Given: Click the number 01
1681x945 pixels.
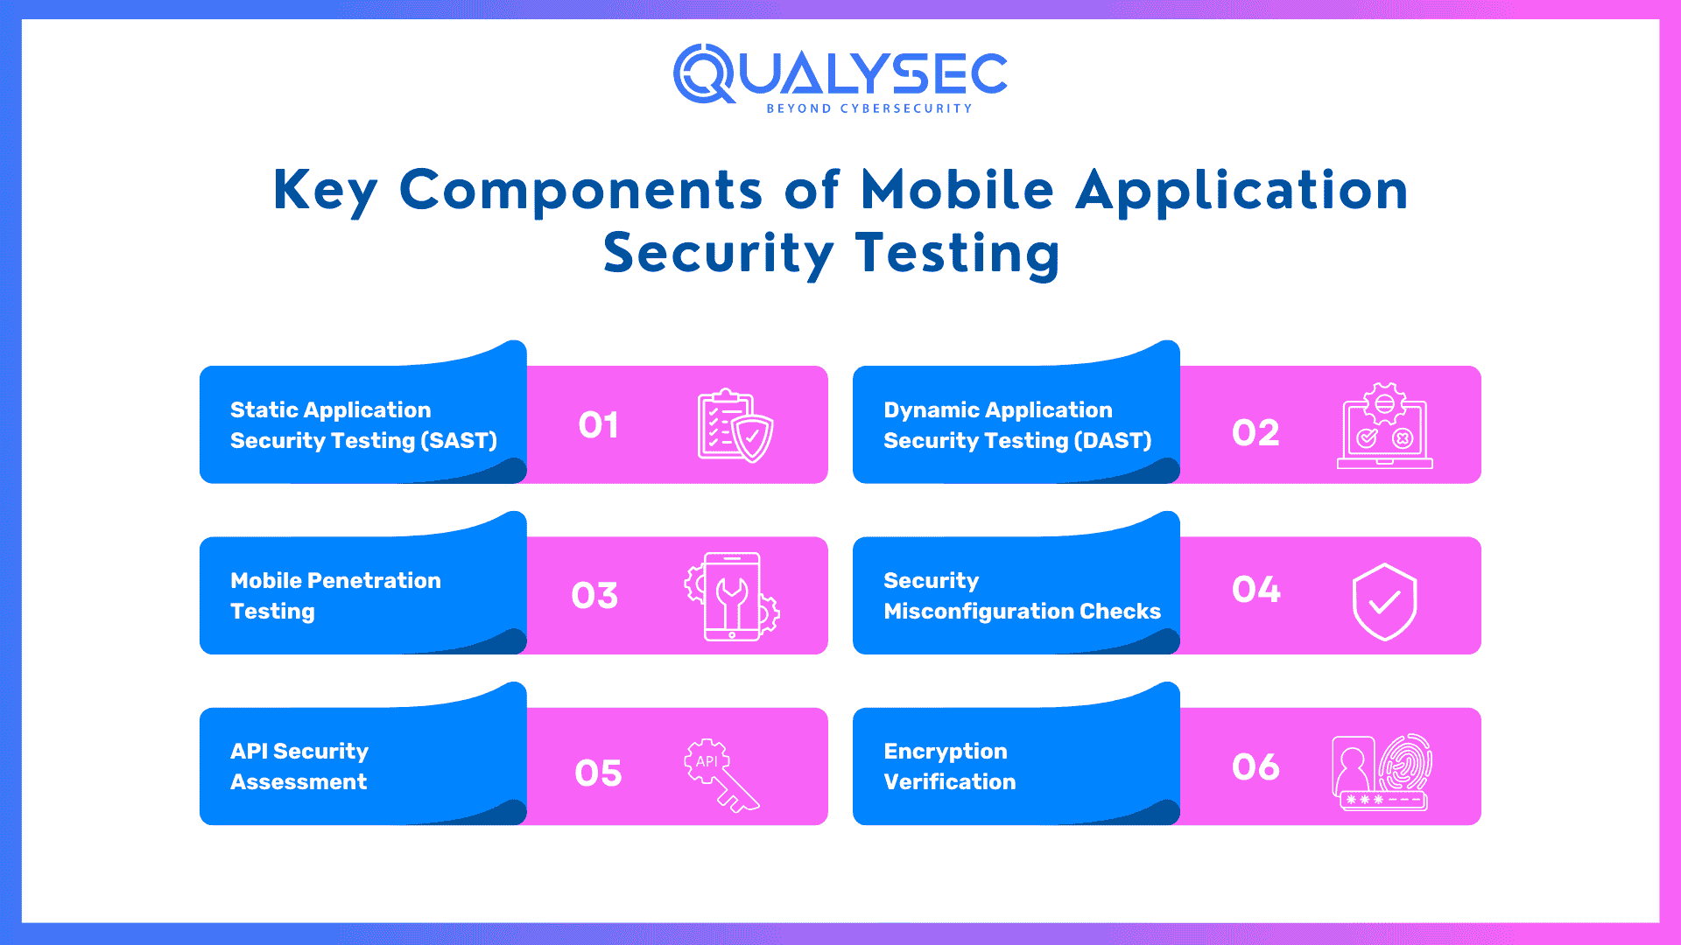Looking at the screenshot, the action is [598, 425].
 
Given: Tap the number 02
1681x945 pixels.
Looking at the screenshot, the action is [1255, 433].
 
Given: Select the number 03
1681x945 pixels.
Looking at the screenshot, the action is [594, 596].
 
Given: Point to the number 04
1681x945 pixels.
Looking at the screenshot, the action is [1256, 590].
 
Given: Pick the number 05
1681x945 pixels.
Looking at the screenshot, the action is [598, 773].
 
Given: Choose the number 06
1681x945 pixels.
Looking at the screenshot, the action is [1255, 767].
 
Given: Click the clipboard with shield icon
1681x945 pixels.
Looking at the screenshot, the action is [735, 425].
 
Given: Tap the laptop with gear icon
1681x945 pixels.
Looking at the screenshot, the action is [1385, 425].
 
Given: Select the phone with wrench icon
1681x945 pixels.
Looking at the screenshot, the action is [732, 596].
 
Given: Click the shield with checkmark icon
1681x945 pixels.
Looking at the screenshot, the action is [1385, 602].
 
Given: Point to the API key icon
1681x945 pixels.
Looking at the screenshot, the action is [721, 775].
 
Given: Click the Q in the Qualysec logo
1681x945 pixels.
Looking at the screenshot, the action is [705, 74].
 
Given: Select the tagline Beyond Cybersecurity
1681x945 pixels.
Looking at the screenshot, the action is [869, 108].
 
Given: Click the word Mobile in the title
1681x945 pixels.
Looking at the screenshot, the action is [958, 190].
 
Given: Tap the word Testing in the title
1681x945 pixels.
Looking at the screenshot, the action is [958, 254].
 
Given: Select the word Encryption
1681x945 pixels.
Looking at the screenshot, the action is [946, 752].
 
